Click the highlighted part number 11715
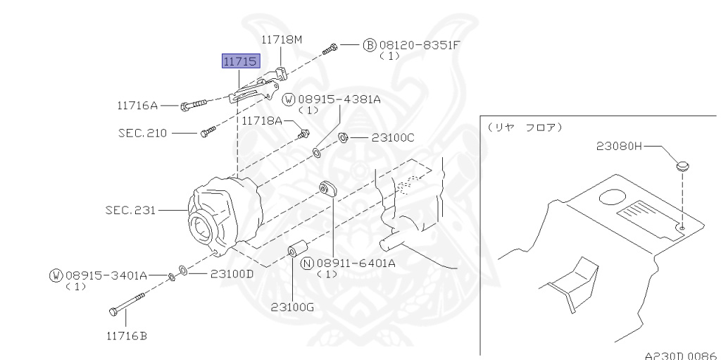click(240, 62)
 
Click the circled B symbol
click(369, 45)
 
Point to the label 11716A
click(137, 106)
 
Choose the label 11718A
click(262, 121)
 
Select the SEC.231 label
click(130, 209)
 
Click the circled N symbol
click(306, 263)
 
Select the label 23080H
click(619, 147)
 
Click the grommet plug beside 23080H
click(682, 167)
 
